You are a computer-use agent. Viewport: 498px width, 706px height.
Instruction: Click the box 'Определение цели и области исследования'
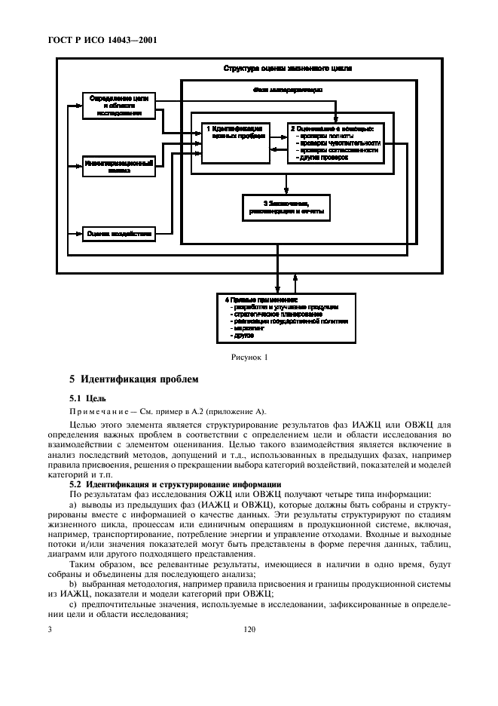tap(118, 107)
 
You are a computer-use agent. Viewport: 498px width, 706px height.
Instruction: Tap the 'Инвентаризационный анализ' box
tap(118, 166)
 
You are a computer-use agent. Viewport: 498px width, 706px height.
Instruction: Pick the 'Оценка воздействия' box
tap(118, 234)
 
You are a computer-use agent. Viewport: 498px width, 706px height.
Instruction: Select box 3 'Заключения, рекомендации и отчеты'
tap(286, 208)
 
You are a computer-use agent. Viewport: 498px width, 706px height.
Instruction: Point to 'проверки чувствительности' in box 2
tap(339, 142)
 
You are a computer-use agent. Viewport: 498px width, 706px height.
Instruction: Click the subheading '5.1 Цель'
tap(87, 398)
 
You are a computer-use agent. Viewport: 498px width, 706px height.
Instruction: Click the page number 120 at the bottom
tap(251, 627)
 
